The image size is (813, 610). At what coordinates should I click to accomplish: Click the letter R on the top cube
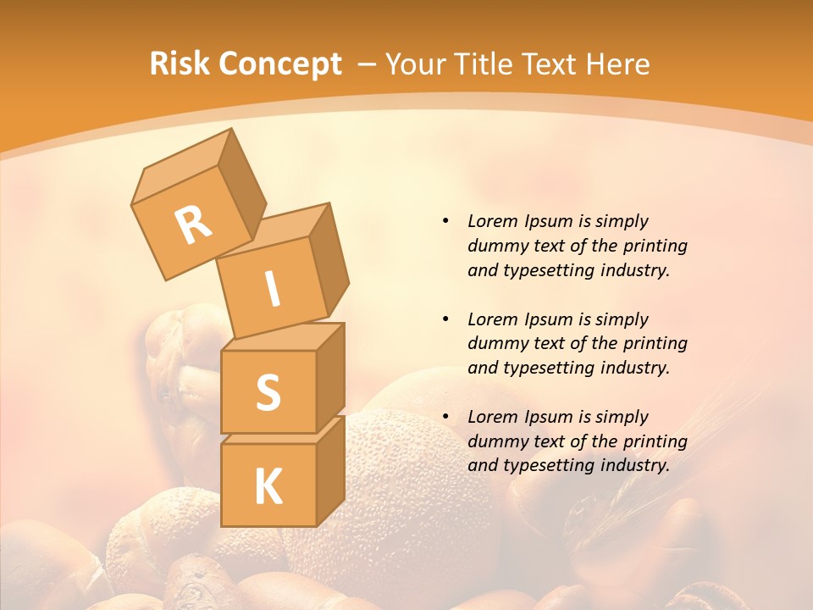pos(194,225)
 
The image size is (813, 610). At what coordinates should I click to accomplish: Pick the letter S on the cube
pos(268,392)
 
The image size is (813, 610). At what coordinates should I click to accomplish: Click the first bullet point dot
pos(445,221)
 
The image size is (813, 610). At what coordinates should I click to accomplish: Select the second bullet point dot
pos(445,319)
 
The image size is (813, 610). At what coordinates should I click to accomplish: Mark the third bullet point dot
pos(445,417)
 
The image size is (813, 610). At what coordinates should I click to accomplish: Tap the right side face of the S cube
pos(330,377)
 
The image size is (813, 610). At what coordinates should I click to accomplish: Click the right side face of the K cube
pos(330,470)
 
